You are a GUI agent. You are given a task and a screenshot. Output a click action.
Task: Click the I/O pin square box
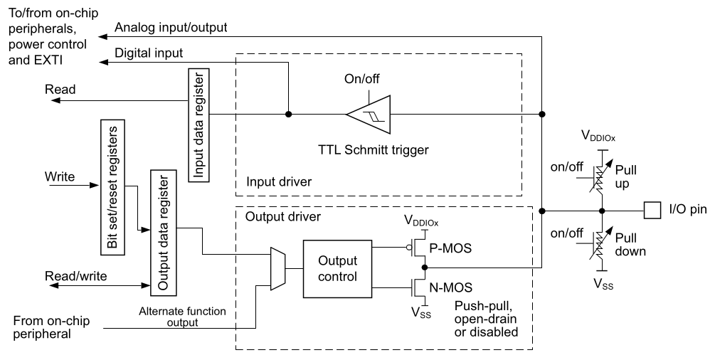(x=651, y=211)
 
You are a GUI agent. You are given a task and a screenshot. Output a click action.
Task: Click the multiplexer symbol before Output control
(x=277, y=268)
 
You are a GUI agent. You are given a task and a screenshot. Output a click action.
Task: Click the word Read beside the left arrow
(x=60, y=90)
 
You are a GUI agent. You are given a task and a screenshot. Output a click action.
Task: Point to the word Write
(x=61, y=175)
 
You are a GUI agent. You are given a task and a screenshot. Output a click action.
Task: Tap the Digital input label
(x=149, y=53)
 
